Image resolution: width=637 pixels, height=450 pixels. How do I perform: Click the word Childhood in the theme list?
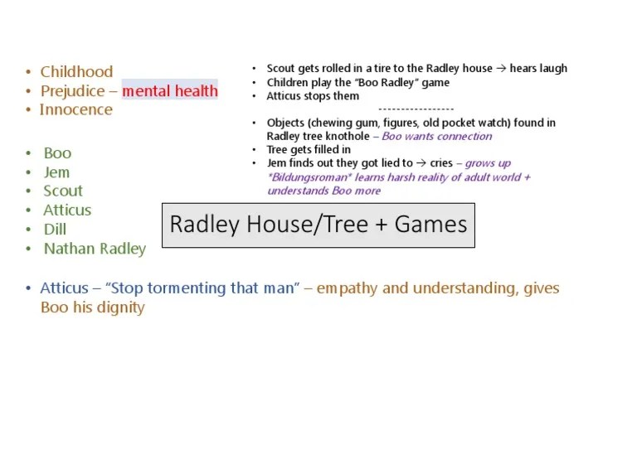76,72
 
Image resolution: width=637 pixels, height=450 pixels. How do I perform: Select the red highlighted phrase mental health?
170,91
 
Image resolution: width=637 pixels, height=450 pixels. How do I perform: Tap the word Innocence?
75,110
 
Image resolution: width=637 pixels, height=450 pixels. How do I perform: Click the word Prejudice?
73,91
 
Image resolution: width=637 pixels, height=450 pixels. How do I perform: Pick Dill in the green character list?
55,230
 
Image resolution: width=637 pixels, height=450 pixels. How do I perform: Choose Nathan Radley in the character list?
95,249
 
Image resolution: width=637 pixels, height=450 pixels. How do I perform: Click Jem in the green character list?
56,172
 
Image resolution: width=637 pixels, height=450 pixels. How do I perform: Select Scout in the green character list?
63,191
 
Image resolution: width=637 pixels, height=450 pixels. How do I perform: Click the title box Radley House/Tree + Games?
318,225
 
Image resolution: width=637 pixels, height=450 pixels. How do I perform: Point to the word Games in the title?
430,225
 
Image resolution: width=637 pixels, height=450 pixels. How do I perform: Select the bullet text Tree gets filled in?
309,150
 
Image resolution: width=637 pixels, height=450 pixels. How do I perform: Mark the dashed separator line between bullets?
416,109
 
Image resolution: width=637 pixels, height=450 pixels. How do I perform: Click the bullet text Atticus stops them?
313,96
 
